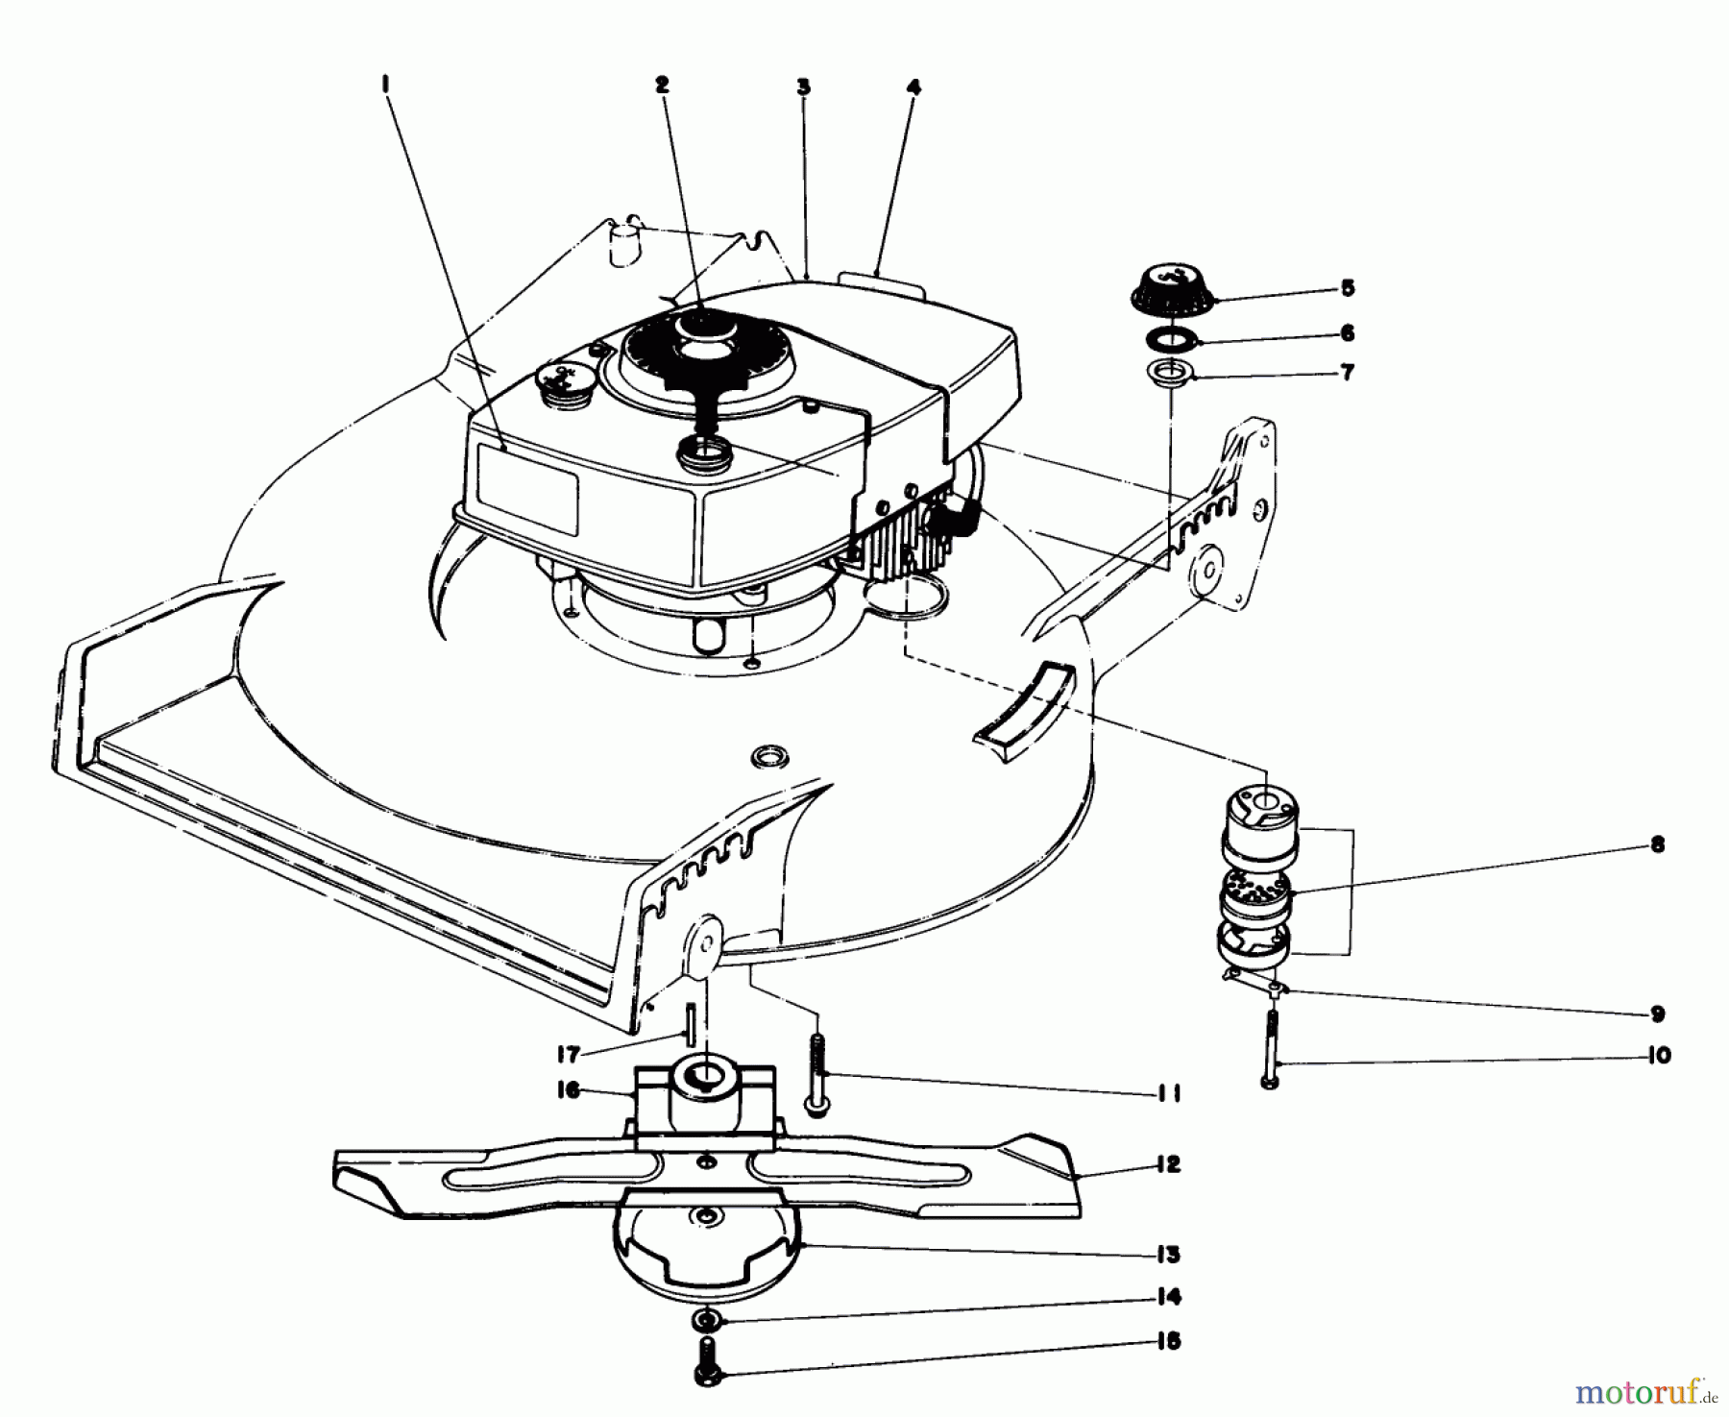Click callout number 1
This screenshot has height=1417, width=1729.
tap(385, 86)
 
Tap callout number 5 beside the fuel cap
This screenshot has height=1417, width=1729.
tap(1347, 287)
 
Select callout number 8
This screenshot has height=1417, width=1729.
tap(1655, 845)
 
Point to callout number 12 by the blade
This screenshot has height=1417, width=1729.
tap(1167, 1165)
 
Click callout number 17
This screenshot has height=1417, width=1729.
tap(569, 1055)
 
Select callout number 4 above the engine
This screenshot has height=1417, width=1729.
tap(913, 87)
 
